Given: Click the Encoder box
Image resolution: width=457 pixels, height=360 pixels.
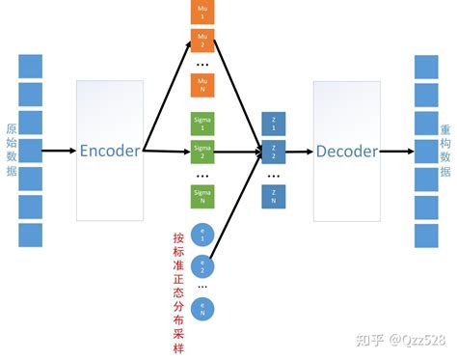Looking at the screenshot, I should click(x=110, y=151).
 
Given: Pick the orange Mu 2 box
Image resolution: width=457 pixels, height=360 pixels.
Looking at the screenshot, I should click(x=202, y=42).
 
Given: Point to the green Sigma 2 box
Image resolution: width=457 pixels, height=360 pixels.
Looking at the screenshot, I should click(x=202, y=152).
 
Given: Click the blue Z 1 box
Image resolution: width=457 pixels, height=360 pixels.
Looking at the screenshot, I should click(x=273, y=124).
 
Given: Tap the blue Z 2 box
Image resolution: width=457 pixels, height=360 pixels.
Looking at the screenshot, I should click(x=273, y=152).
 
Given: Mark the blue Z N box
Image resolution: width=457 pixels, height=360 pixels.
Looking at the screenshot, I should click(x=273, y=196).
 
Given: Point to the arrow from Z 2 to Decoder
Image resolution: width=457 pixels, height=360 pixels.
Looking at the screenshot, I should click(x=299, y=152).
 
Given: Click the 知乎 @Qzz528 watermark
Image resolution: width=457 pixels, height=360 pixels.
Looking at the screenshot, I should click(x=400, y=340).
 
